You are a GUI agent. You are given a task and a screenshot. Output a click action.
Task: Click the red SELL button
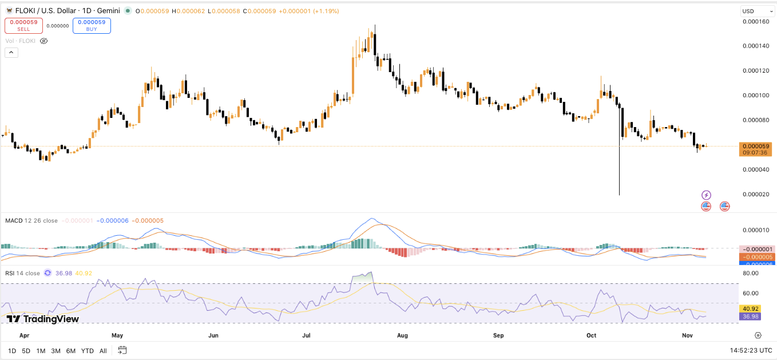pyautogui.click(x=23, y=25)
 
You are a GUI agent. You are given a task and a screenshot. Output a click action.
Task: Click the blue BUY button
pyautogui.click(x=92, y=25)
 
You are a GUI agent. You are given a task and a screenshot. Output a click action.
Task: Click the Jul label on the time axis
pyautogui.click(x=307, y=335)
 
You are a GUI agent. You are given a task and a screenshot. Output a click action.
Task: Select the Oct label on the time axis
pyautogui.click(x=592, y=335)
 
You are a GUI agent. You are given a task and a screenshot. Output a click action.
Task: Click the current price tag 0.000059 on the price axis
pyautogui.click(x=756, y=146)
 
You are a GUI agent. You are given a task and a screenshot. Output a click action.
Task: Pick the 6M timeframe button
pyautogui.click(x=71, y=351)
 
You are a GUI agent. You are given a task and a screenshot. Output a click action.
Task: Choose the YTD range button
pyautogui.click(x=87, y=351)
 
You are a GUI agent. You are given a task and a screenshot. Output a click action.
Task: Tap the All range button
pyautogui.click(x=103, y=351)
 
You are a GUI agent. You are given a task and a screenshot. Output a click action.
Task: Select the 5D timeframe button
pyautogui.click(x=26, y=351)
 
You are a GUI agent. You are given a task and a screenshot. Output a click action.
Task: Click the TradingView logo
pyautogui.click(x=43, y=319)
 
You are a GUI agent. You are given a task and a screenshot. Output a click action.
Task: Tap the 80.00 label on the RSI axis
pyautogui.click(x=751, y=274)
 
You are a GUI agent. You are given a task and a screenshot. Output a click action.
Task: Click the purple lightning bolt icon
pyautogui.click(x=706, y=195)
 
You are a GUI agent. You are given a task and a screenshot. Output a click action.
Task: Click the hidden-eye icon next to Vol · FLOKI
pyautogui.click(x=44, y=41)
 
